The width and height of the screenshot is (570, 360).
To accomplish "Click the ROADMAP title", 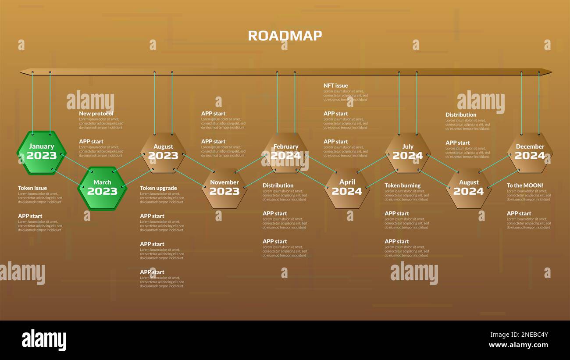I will point(285,36).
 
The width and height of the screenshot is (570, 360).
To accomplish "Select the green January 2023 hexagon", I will point(42,152).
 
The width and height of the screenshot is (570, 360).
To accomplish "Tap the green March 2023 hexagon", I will point(102,188).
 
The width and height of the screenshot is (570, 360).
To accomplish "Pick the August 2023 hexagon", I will point(163,152).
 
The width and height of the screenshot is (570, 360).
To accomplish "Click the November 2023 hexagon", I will point(224,188).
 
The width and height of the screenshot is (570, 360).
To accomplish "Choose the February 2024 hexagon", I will point(285,152).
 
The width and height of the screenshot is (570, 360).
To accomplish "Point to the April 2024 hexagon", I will point(346,188).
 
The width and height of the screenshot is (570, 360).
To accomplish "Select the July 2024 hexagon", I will point(407,152).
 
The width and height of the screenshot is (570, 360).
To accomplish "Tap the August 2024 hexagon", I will point(468,188).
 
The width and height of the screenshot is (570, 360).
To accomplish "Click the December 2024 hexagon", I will point(530,152).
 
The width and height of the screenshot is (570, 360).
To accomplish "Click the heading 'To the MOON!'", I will point(525,185).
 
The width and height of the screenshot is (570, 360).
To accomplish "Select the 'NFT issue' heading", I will point(335,86).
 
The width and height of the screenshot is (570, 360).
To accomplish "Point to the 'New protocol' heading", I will point(96,114).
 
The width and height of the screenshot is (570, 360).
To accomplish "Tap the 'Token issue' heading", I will point(32,188).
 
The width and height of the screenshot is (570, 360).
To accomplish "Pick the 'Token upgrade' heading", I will point(158,188).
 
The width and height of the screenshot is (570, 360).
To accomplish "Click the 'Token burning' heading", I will point(402,185).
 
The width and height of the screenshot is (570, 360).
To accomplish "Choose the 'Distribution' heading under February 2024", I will point(278,185).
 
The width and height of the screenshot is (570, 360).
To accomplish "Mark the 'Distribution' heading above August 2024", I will point(460,115).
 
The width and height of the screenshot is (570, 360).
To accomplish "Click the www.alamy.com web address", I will point(518,345).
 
